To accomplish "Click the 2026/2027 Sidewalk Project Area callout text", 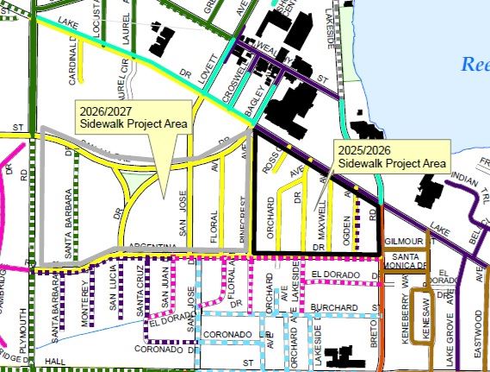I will [x=132, y=118].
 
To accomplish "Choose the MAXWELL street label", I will [x=321, y=220].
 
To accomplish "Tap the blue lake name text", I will [x=474, y=65].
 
